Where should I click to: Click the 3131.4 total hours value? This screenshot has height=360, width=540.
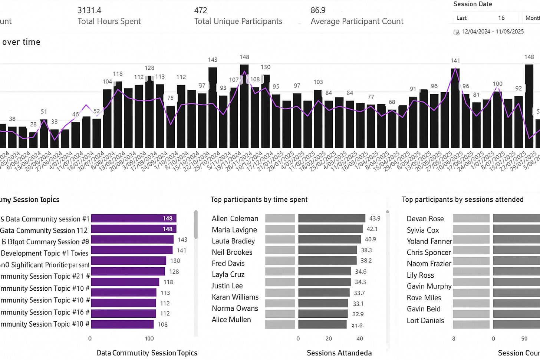89,10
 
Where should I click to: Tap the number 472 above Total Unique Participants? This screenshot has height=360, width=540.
201,10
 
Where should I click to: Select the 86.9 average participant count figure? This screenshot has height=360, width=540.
318,10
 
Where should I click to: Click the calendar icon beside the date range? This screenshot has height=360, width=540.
457,32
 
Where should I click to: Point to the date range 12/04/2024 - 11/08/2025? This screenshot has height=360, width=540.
493,32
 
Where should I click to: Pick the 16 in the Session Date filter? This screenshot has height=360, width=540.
501,18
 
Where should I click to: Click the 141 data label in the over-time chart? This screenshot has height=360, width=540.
455,60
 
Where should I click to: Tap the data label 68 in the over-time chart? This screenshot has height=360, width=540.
392,102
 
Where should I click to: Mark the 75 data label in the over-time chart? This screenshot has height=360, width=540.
170,98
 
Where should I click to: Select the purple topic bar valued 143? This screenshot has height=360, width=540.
132,240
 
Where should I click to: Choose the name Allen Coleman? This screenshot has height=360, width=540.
235,219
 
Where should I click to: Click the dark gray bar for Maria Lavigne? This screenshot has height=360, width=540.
330,229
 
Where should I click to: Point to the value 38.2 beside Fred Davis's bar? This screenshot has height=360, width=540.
366,261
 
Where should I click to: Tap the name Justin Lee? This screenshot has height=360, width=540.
227,286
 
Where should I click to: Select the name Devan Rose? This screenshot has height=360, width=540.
425,219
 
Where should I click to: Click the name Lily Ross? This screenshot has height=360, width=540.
420,275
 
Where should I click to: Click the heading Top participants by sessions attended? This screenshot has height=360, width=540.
462,199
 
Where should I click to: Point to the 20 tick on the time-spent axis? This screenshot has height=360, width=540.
329,338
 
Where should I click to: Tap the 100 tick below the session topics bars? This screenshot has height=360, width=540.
149,338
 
